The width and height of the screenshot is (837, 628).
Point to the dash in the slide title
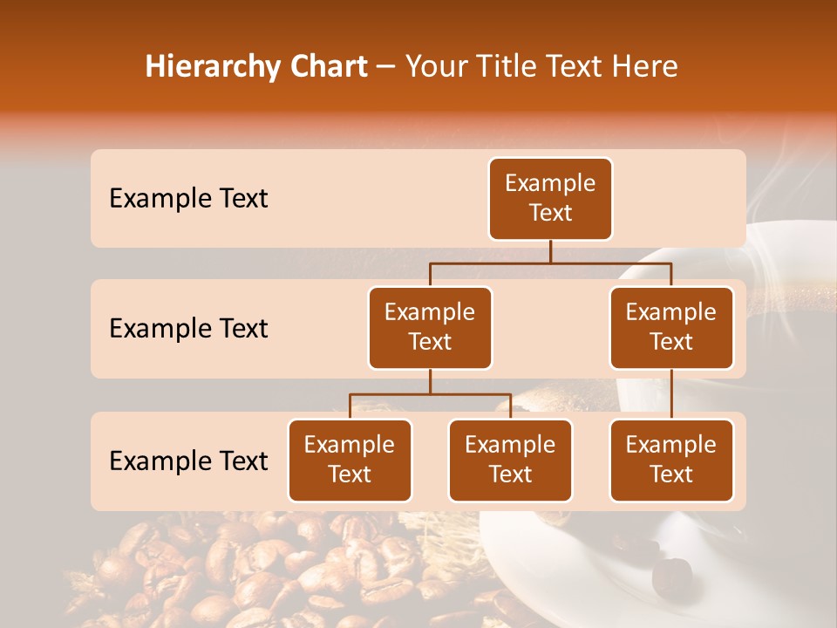386,67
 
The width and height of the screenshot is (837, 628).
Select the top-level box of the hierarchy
550,198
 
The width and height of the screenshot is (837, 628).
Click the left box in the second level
430,327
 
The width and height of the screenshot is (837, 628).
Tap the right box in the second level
671,327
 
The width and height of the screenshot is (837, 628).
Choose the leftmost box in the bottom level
350,460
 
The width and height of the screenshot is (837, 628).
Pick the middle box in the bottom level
510,460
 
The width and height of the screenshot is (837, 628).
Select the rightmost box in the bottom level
671,460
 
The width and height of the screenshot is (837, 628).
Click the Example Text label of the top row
188,198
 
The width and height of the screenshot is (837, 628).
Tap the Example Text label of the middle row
188,328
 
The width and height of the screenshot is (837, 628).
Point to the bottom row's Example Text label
188,461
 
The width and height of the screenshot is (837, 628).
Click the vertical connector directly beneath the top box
550,251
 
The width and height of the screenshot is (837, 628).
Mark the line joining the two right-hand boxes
671,394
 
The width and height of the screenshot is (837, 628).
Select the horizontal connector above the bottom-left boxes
430,394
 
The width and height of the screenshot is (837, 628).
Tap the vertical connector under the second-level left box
430,381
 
